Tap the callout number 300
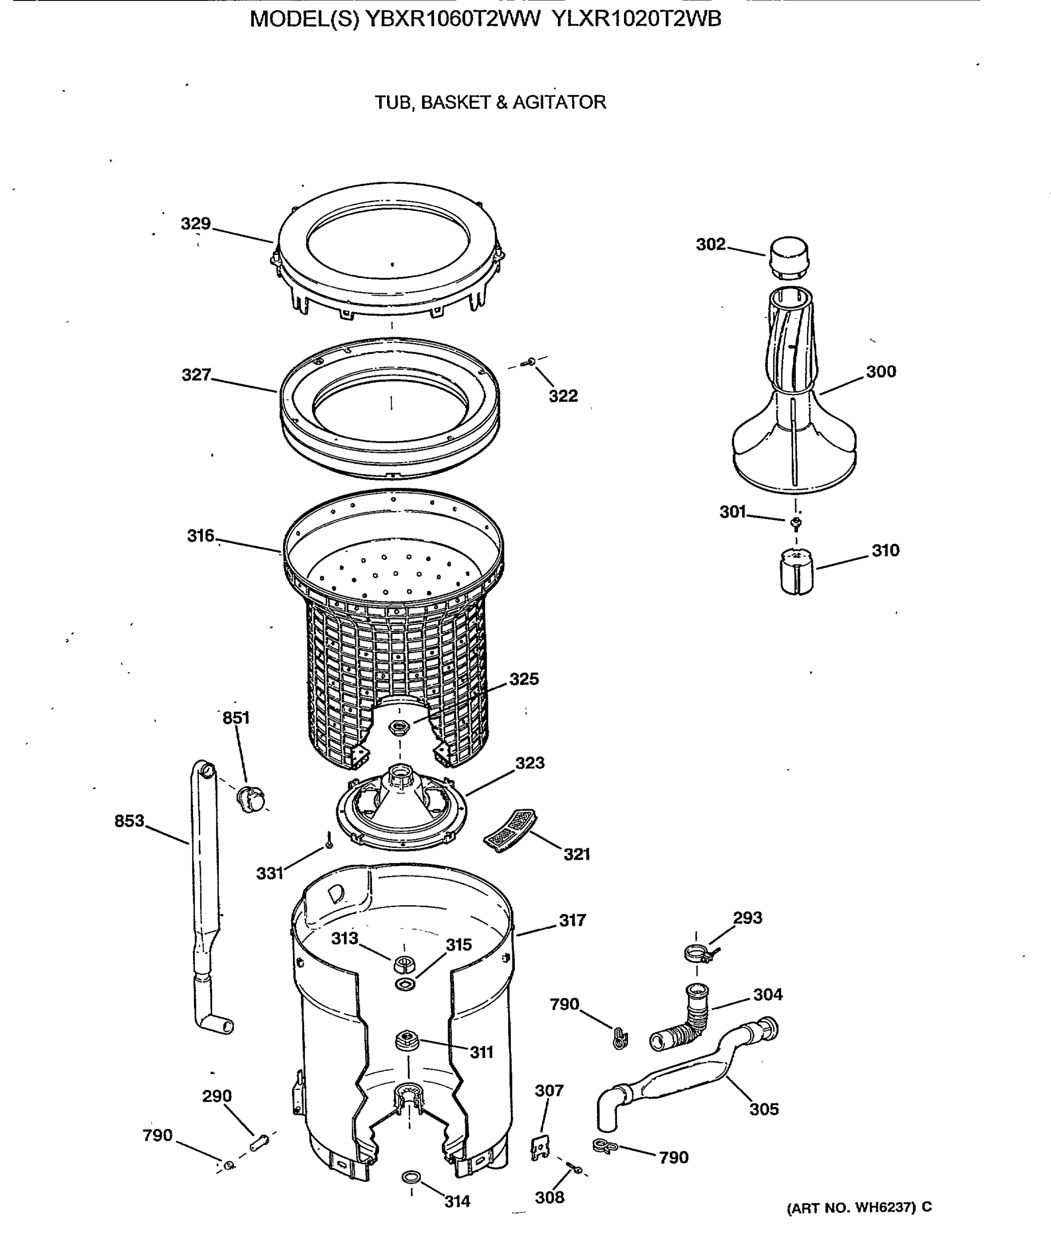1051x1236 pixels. tap(881, 371)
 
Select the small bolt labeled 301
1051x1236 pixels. tap(796, 523)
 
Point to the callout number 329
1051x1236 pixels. tap(196, 224)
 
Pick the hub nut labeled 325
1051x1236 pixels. tap(398, 727)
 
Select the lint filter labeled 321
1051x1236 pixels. tap(510, 830)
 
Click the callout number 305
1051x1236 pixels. tap(764, 1109)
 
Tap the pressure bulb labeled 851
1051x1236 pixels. tap(251, 799)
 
